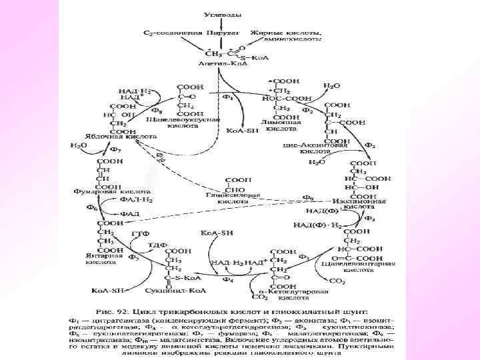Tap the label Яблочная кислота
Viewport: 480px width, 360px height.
(128, 135)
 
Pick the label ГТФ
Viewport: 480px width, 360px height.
(139, 234)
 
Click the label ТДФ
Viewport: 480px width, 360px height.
(158, 244)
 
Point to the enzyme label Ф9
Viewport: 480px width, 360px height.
(308, 198)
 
